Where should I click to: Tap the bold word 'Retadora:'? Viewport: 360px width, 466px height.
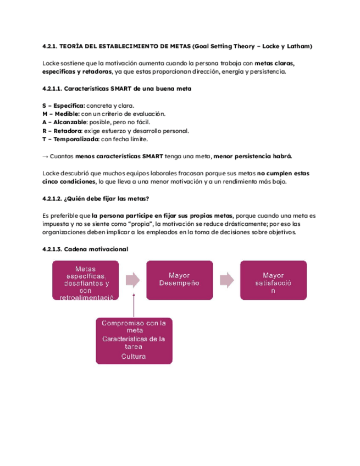pos(64,131)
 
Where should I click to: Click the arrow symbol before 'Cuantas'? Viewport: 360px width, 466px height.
pos(46,157)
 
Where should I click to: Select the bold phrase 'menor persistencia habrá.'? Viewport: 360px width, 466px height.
pos(253,157)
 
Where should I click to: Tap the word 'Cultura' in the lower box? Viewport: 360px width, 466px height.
pos(135,357)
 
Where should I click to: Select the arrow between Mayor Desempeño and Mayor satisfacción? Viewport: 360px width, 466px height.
pos(226,280)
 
